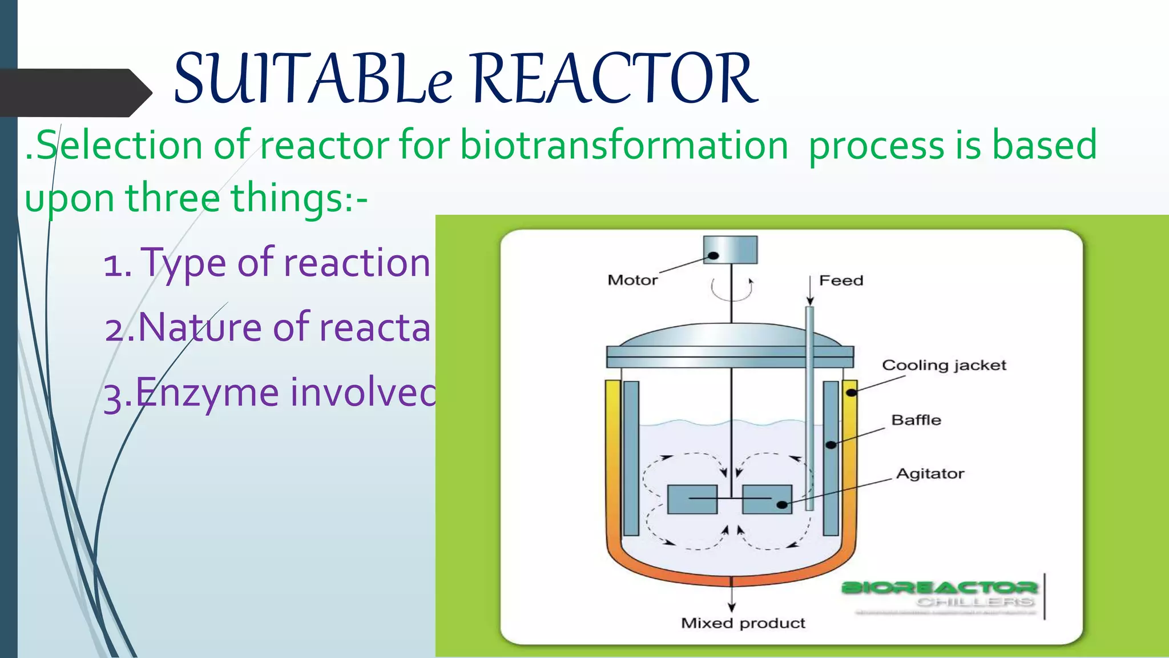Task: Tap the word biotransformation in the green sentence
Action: click(x=624, y=145)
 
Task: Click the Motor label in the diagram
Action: click(x=632, y=280)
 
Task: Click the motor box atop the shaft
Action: click(x=731, y=250)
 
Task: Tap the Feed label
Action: click(x=841, y=280)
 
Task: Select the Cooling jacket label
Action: click(x=944, y=365)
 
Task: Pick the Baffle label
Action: click(x=916, y=420)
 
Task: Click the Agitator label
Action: click(x=930, y=474)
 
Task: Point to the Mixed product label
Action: click(x=743, y=623)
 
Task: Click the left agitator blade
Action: click(x=692, y=499)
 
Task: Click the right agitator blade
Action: click(x=767, y=499)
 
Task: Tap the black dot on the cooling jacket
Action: click(x=851, y=392)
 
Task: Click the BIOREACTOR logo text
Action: click(x=940, y=587)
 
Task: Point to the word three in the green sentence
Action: click(x=172, y=198)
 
